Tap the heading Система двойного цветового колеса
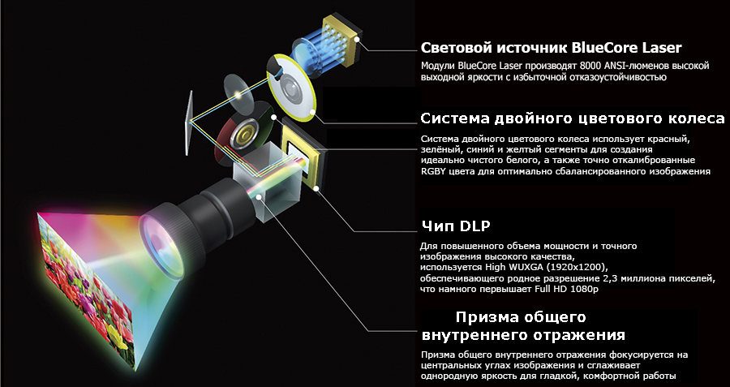(x=573, y=118)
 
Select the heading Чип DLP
(x=456, y=226)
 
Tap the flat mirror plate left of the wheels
(x=188, y=123)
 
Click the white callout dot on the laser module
(x=357, y=39)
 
